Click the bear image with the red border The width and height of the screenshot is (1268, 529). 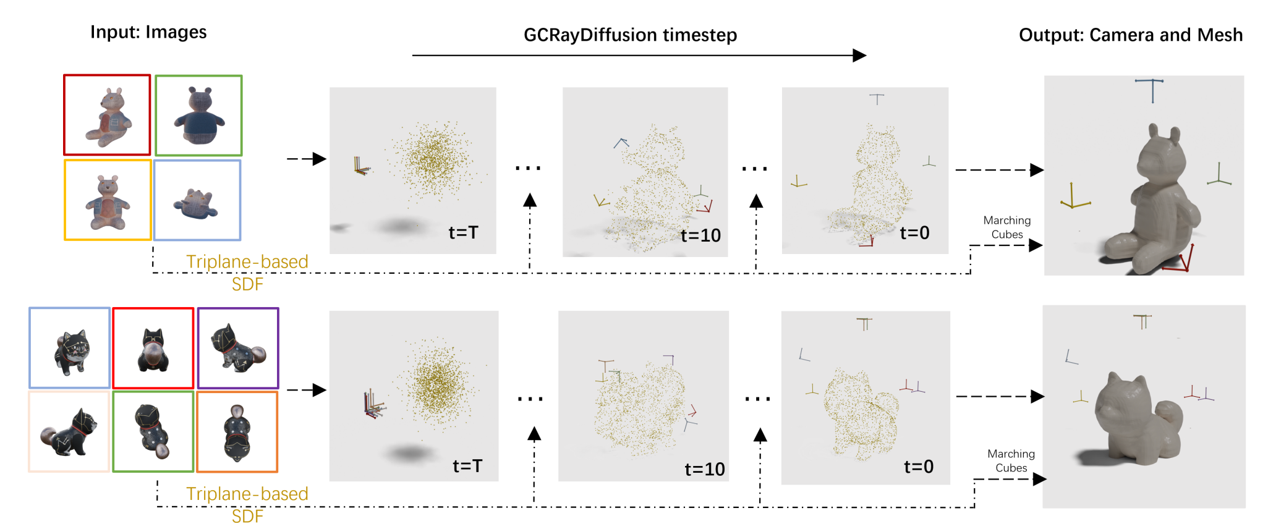click(x=107, y=115)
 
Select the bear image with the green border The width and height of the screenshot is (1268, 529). click(x=198, y=116)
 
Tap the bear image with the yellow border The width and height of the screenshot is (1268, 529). click(x=108, y=200)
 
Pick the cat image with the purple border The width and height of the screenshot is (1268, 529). click(x=238, y=348)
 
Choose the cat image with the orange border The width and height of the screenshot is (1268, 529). click(x=237, y=432)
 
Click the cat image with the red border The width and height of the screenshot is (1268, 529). click(x=153, y=348)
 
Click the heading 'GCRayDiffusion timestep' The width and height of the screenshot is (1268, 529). click(x=630, y=35)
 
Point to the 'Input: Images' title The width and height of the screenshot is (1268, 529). click(x=148, y=32)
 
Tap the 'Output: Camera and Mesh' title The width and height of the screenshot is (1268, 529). click(x=1130, y=35)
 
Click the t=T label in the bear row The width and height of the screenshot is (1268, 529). click(x=463, y=233)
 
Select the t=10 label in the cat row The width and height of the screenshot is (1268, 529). click(x=704, y=470)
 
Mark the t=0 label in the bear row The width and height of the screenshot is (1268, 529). click(x=914, y=233)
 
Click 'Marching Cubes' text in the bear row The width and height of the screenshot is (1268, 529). click(x=1006, y=227)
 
